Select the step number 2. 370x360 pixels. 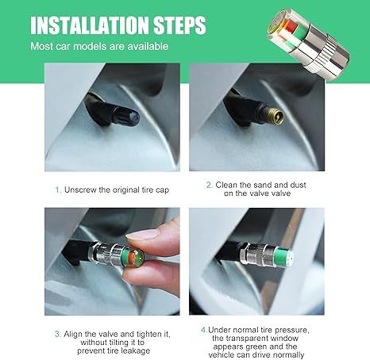pos(210,185)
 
